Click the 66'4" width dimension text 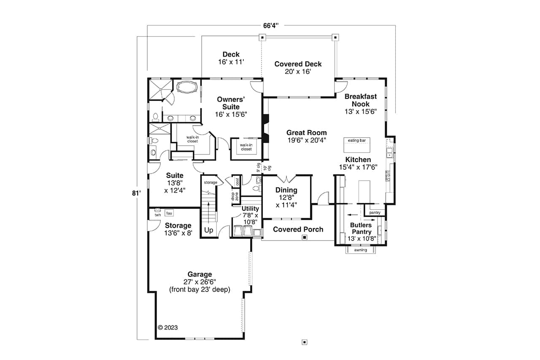(270, 26)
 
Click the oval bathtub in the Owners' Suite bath (186, 88)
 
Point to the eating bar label (356, 140)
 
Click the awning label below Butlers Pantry (361, 250)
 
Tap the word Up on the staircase (209, 230)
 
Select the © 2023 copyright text (168, 327)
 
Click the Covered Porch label (298, 229)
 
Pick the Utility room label (250, 208)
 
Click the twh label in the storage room (157, 215)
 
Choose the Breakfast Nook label (360, 100)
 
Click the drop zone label (235, 196)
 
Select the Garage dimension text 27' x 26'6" (200, 282)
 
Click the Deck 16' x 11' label (231, 58)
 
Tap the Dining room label (286, 190)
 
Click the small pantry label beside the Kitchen (375, 212)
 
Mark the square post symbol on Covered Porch (304, 238)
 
